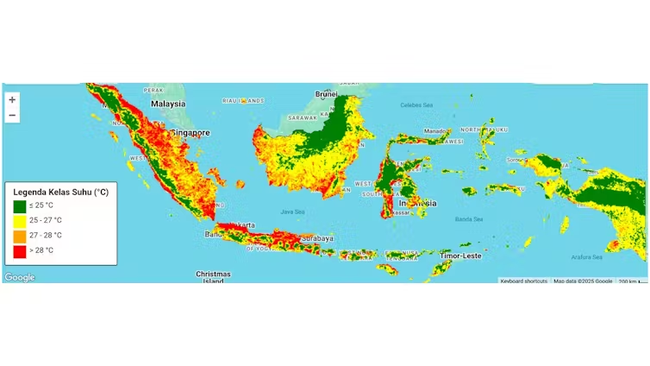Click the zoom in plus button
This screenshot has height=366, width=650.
[x=12, y=99]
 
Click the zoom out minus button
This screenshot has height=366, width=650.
[x=12, y=115]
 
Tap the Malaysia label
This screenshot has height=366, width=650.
[x=168, y=104]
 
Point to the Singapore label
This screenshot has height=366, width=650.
[x=191, y=133]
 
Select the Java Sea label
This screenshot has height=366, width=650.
[x=292, y=211]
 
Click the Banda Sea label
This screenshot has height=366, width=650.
[x=468, y=218]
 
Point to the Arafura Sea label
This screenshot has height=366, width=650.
[x=586, y=256]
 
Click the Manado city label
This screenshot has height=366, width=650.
[x=435, y=131]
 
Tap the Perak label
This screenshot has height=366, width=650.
[x=153, y=90]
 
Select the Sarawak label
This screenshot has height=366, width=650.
[x=303, y=117]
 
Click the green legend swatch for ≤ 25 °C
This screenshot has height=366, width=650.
[x=20, y=206]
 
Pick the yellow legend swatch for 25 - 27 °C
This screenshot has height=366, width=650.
[x=20, y=221]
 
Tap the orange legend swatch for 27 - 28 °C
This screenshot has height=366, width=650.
[x=20, y=236]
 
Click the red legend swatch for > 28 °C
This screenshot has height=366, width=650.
[x=20, y=250]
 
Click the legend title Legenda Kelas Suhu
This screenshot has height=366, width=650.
[x=60, y=192]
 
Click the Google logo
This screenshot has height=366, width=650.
[x=19, y=277]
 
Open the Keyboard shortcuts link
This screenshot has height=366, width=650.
[x=523, y=281]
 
